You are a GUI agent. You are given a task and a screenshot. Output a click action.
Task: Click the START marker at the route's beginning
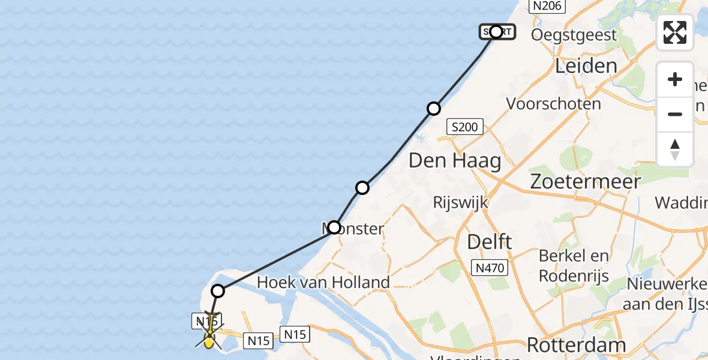point(496,32)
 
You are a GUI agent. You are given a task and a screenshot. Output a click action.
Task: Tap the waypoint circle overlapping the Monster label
point(334,228)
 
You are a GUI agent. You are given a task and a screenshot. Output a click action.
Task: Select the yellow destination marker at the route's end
point(209,341)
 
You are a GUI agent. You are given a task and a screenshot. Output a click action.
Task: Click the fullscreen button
point(675,32)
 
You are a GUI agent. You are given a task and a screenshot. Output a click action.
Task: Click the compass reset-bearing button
point(675,149)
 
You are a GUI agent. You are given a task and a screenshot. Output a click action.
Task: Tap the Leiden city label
point(586,66)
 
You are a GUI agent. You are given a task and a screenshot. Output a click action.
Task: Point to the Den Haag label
point(455,161)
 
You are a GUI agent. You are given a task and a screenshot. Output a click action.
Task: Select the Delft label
point(490,242)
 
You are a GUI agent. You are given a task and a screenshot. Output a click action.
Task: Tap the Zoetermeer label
point(585,181)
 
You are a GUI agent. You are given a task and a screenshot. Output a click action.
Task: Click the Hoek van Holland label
point(323,282)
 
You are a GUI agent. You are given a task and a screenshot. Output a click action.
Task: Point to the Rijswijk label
point(460,202)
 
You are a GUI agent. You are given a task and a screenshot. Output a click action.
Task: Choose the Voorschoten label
point(553,104)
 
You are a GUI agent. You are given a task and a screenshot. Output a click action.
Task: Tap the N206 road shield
point(545,6)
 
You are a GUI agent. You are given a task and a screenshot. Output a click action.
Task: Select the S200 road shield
point(465,127)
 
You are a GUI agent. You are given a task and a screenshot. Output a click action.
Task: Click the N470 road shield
point(490,268)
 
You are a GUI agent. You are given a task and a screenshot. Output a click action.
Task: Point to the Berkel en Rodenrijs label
point(574,266)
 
